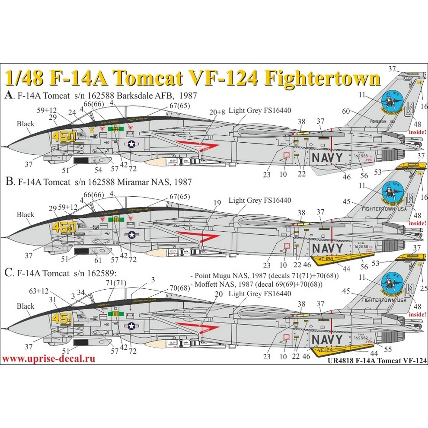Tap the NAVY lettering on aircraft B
click(328, 248)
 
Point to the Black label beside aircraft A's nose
click(26, 124)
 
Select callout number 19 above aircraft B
click(217, 202)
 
